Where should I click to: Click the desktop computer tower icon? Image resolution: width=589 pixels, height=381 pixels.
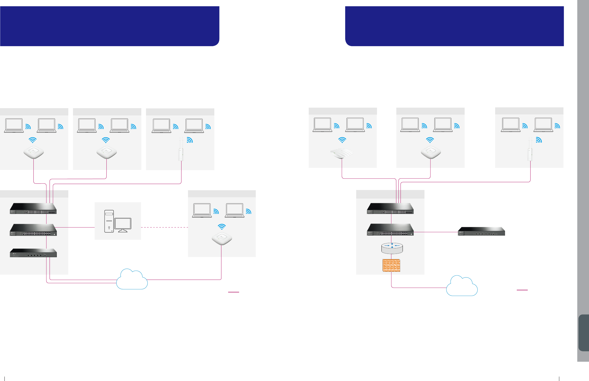point(109,221)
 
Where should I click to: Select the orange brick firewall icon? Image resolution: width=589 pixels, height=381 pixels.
point(391,265)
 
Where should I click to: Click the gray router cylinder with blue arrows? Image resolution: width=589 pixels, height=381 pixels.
point(392,248)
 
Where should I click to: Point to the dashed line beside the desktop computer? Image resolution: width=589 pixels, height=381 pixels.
point(164,227)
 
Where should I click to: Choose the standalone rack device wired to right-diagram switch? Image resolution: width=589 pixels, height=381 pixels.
point(481,231)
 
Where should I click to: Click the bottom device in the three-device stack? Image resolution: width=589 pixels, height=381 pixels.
point(33,253)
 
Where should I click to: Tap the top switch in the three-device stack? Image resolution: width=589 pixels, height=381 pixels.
point(33,208)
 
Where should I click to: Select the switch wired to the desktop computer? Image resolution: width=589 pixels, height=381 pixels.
point(33,230)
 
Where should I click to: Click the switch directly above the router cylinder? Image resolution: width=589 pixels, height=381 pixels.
point(390,230)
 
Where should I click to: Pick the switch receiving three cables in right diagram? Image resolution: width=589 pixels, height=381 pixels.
point(390,208)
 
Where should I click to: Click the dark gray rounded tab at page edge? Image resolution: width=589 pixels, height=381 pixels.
point(584,333)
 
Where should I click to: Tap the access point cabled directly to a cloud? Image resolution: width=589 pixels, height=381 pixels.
point(222,238)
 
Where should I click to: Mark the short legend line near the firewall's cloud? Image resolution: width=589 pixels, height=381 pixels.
point(522,290)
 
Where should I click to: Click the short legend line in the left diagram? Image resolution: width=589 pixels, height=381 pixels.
point(233,292)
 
